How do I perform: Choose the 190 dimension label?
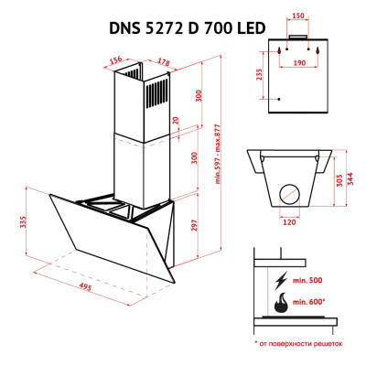click(299, 65)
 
